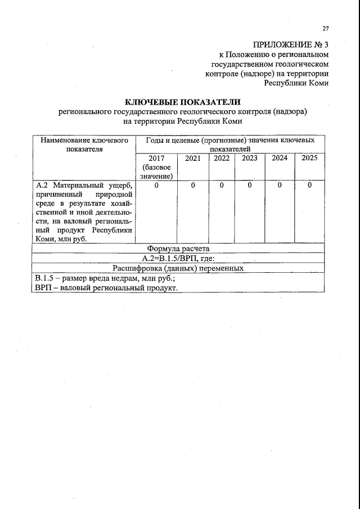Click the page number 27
325,29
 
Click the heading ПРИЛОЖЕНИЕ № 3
290,44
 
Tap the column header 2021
192,158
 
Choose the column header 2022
222,158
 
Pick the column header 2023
249,158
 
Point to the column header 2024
280,158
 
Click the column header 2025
309,158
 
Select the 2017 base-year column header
156,167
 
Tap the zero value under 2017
156,185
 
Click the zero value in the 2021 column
192,185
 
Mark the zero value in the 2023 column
249,185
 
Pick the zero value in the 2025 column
309,185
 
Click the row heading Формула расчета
178,249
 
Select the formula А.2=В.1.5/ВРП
178,258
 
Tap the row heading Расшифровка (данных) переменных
178,268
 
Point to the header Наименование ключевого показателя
84,145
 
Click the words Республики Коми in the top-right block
296,83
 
